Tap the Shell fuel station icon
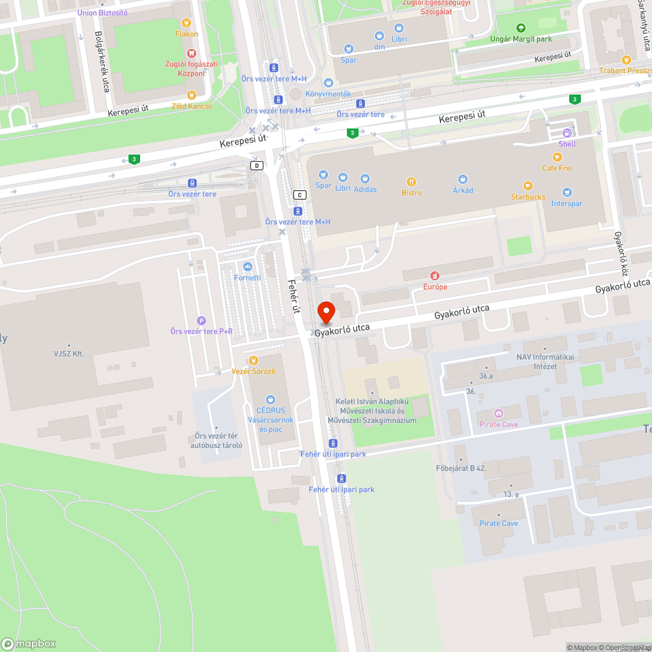[567, 133]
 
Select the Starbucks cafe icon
[527, 186]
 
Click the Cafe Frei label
[557, 168]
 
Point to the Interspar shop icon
[567, 192]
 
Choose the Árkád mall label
[463, 190]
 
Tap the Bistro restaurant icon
[411, 182]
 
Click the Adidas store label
[365, 189]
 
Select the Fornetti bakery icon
[247, 267]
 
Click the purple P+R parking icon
[201, 320]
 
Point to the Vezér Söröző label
[254, 371]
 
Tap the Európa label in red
[436, 286]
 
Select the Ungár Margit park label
[520, 39]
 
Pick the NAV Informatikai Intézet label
[537, 362]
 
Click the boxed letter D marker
[257, 166]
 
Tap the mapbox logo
[29, 644]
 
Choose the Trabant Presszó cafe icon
[627, 60]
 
